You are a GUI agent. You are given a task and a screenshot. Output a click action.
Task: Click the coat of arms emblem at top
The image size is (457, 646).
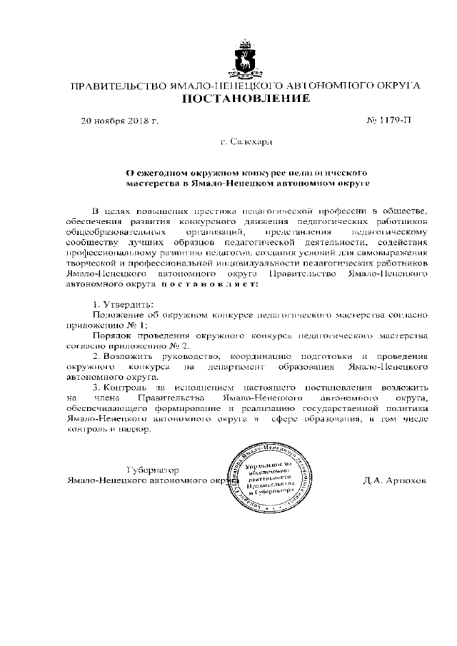[x=246, y=59]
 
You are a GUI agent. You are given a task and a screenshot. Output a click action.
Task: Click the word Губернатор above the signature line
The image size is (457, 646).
[x=152, y=470]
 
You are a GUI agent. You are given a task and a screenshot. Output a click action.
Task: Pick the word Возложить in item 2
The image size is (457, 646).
[x=128, y=355]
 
